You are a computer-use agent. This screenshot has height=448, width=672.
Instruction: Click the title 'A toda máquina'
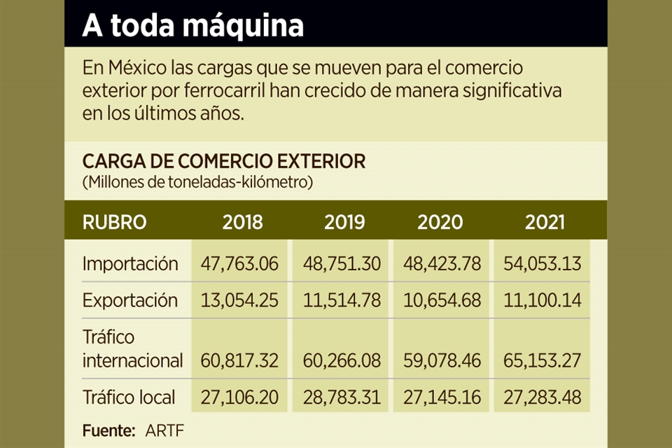click(x=193, y=26)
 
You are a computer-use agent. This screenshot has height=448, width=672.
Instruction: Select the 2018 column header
click(x=242, y=223)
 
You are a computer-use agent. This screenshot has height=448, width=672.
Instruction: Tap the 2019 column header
click(x=344, y=223)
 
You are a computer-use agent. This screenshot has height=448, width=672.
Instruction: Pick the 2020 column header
click(x=440, y=223)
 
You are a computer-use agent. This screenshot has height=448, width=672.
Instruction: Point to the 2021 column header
click(x=545, y=223)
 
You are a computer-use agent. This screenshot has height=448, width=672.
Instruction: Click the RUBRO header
click(x=115, y=223)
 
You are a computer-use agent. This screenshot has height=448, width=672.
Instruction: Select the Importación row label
click(x=130, y=265)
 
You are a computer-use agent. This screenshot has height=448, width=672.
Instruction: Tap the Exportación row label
click(x=130, y=301)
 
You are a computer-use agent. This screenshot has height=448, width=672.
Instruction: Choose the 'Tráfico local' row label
click(x=129, y=398)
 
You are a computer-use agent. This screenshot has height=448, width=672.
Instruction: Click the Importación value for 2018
click(x=239, y=265)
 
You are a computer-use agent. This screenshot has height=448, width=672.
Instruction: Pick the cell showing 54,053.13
click(x=542, y=265)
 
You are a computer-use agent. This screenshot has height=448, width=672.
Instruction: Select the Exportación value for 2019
click(x=342, y=301)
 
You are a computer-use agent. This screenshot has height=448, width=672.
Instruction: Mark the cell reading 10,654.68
click(x=442, y=301)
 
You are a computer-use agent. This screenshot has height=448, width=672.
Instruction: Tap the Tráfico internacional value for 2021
click(x=542, y=361)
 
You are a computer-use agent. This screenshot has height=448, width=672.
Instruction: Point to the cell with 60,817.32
click(x=239, y=361)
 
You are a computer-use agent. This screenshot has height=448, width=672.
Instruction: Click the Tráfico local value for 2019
click(x=342, y=398)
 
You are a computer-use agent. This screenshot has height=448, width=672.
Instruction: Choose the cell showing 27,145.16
click(x=442, y=398)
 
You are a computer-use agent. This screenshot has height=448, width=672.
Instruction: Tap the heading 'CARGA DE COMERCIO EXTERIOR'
click(x=224, y=162)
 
